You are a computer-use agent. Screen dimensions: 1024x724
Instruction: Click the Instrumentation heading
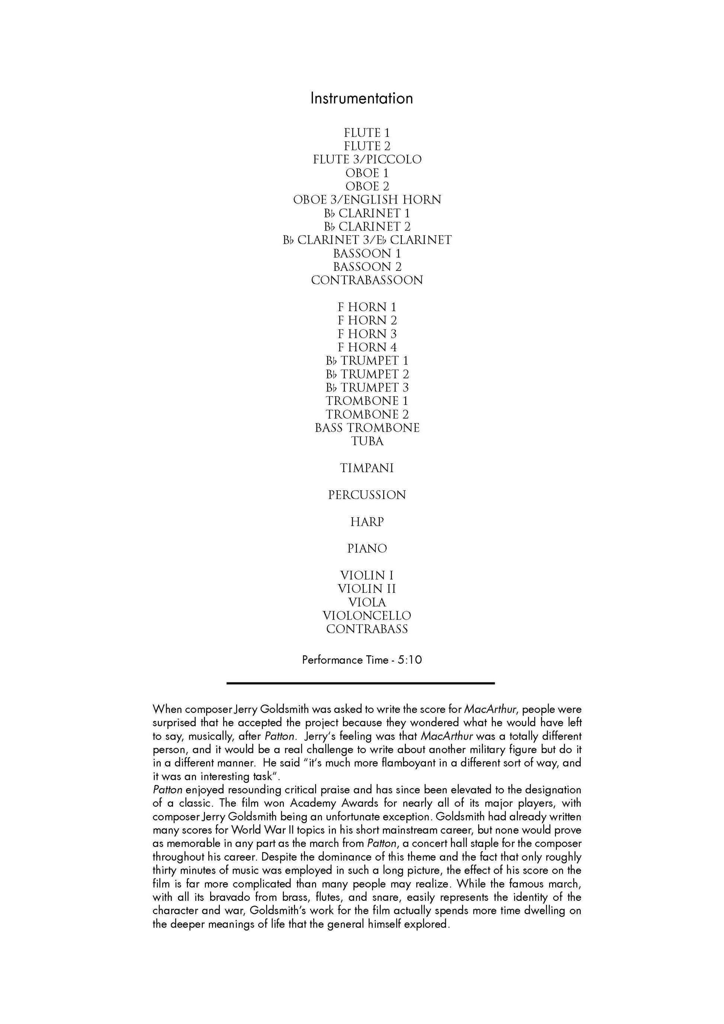(x=362, y=99)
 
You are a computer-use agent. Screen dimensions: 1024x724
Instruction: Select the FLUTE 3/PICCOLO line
(x=367, y=160)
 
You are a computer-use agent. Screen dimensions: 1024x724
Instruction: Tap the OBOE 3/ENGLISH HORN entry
(x=367, y=200)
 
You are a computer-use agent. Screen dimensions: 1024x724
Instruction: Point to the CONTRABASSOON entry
(x=367, y=281)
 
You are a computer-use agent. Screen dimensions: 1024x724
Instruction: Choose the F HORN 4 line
(x=367, y=348)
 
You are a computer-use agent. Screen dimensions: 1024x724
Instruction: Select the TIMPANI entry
(x=367, y=468)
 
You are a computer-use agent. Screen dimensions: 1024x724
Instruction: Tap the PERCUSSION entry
(x=367, y=495)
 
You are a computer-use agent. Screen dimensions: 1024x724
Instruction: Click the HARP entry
(x=367, y=522)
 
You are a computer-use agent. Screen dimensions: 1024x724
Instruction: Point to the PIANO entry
(x=367, y=548)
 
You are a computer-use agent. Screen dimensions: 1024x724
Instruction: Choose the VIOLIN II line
(x=367, y=589)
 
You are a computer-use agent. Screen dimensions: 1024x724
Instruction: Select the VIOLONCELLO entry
(x=367, y=616)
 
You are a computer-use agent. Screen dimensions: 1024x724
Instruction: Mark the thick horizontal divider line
(x=361, y=683)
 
